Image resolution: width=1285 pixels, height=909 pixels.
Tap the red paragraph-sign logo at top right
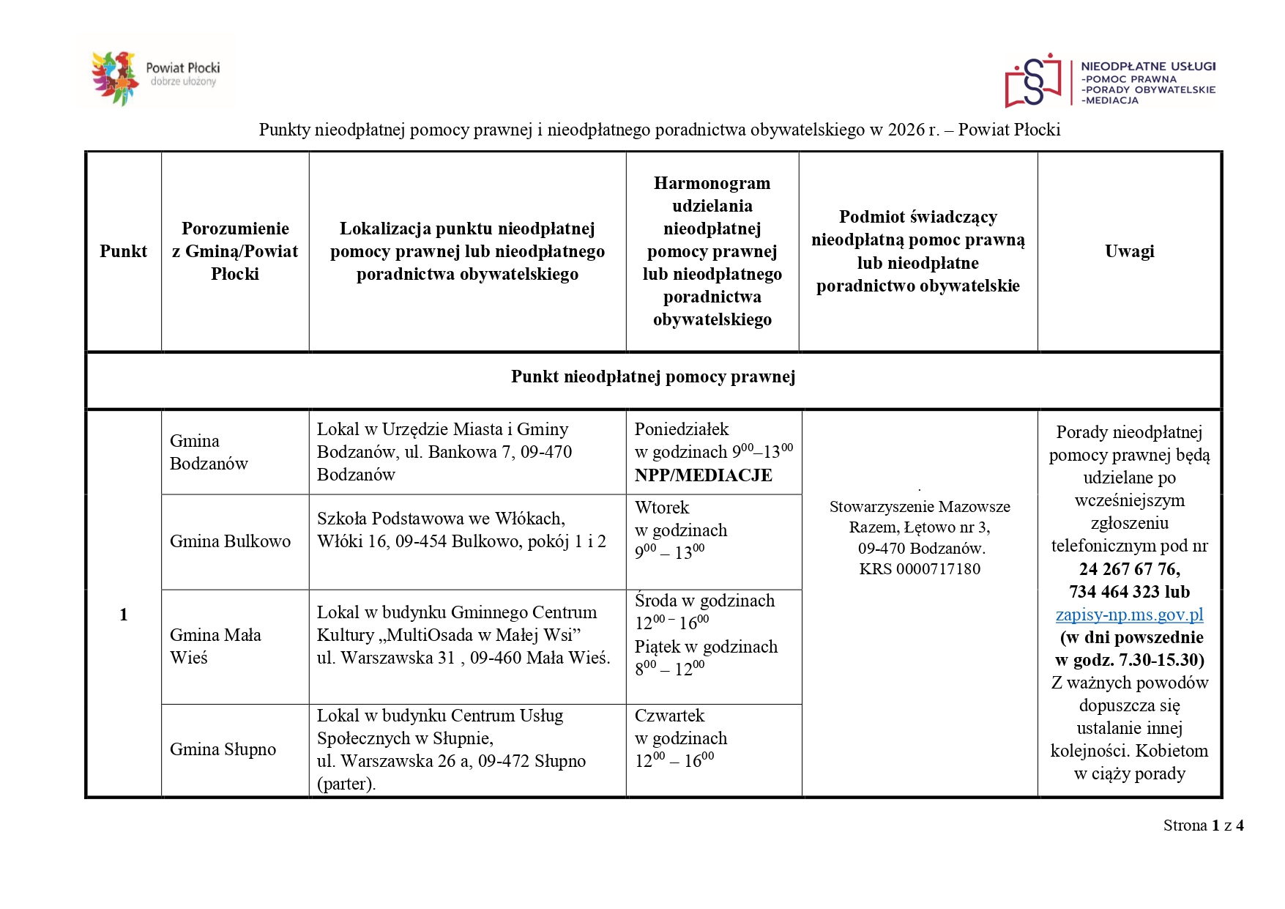pos(1032,81)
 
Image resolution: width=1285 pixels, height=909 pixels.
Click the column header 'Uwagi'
pos(1129,251)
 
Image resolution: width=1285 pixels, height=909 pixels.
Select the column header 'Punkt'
pos(123,251)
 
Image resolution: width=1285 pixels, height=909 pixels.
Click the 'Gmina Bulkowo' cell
pos(230,541)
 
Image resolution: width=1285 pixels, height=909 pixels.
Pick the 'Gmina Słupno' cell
pos(223,749)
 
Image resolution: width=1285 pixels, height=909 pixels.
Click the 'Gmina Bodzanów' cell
pos(209,452)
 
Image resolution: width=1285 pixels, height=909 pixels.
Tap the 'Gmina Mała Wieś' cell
pos(215,646)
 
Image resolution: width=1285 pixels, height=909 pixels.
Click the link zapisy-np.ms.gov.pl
pos(1129,615)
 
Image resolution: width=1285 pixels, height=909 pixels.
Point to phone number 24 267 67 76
pos(1128,569)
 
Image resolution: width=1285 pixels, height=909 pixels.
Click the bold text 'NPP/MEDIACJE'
pos(703,475)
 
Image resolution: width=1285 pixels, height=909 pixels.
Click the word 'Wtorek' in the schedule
pos(662,508)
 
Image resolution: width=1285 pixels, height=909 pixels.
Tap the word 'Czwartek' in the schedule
pos(669,716)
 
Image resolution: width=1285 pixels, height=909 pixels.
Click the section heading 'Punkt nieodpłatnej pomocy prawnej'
pos(653,376)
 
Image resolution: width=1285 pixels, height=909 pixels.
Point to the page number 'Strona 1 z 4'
pos(1203,825)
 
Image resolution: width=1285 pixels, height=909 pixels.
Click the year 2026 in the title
pos(906,130)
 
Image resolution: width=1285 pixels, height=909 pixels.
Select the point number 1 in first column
pos(123,615)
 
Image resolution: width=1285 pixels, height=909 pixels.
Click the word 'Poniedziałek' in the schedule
pos(682,429)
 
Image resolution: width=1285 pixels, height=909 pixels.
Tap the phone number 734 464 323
pos(1114,592)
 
